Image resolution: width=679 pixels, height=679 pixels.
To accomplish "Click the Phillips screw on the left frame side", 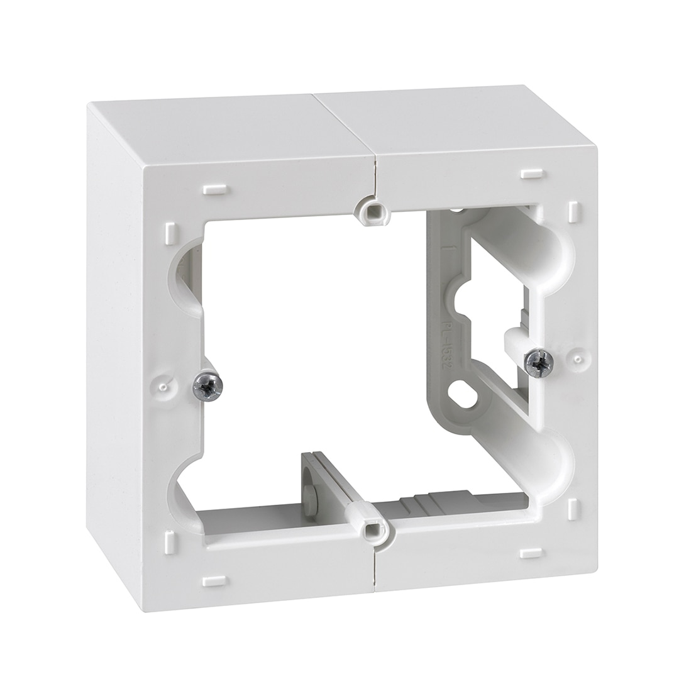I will click(x=207, y=386).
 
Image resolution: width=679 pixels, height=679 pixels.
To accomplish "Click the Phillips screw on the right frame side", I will click(x=539, y=363).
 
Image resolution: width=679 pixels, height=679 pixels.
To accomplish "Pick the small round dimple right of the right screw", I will click(x=577, y=359).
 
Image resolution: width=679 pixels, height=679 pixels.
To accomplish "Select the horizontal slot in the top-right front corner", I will click(x=531, y=174).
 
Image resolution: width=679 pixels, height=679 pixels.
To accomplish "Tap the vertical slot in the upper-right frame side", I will click(x=573, y=212).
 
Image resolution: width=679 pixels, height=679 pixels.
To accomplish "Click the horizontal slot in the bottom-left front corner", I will click(x=214, y=580).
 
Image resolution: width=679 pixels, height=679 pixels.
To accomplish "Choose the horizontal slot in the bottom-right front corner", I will click(x=531, y=553).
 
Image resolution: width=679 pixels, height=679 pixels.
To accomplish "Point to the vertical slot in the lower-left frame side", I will click(x=170, y=542).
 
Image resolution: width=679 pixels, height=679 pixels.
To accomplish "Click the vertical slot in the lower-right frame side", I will click(x=573, y=509).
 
